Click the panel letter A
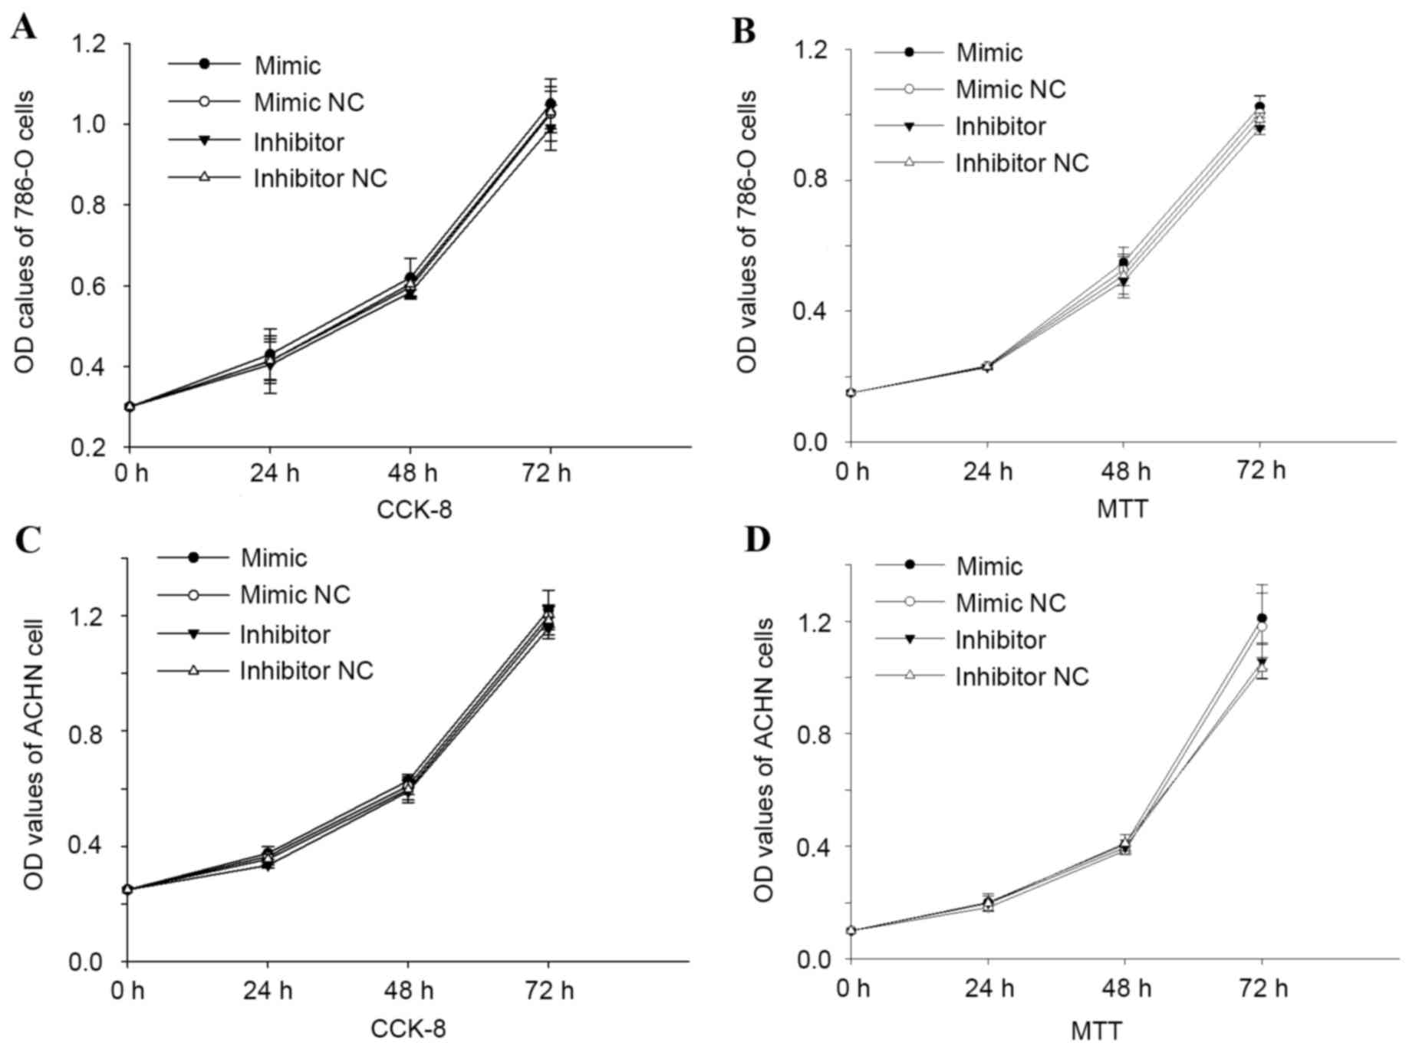click(x=23, y=28)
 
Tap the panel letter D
click(x=757, y=540)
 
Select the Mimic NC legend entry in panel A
click(x=309, y=102)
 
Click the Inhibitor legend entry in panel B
click(x=1000, y=126)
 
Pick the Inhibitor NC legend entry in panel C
click(x=306, y=670)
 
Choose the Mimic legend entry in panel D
click(x=989, y=566)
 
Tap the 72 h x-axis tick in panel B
click(x=1261, y=470)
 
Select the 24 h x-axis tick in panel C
click(x=268, y=991)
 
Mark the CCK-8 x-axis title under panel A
click(x=413, y=509)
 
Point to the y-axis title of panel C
click(x=33, y=755)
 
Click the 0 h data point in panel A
click(x=130, y=406)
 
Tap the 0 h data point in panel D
click(x=851, y=930)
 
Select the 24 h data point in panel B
click(x=987, y=367)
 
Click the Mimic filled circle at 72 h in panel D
click(x=1262, y=618)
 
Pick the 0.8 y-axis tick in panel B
click(x=809, y=180)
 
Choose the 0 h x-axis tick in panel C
click(x=128, y=991)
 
